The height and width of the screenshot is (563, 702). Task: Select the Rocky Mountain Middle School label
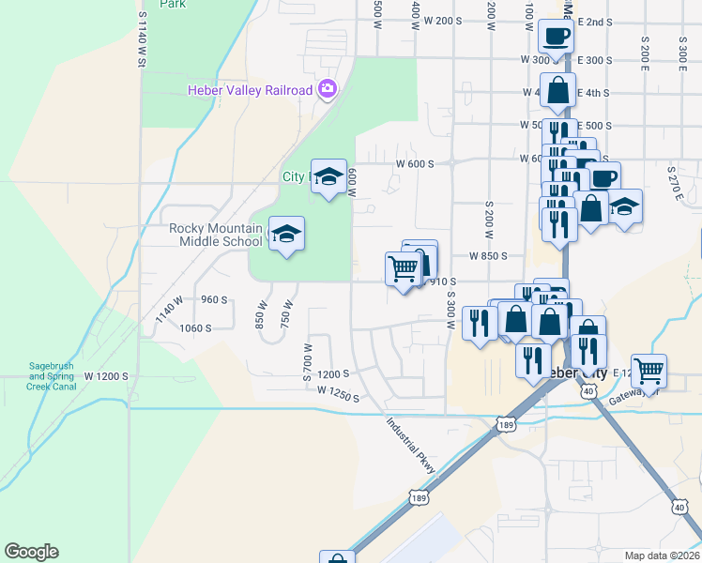coord(215,235)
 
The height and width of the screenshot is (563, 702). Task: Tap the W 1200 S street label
coord(104,376)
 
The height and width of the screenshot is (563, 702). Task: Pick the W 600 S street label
coord(414,163)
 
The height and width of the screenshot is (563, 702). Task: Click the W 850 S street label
coord(487,255)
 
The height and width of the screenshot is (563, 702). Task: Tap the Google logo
coord(31,552)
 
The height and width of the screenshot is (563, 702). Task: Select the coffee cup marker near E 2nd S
coord(555,37)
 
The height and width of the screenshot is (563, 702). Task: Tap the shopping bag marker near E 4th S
coord(558,91)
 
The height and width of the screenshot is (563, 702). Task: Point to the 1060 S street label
coord(195,328)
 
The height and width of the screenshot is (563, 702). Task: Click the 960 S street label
coord(214,300)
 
